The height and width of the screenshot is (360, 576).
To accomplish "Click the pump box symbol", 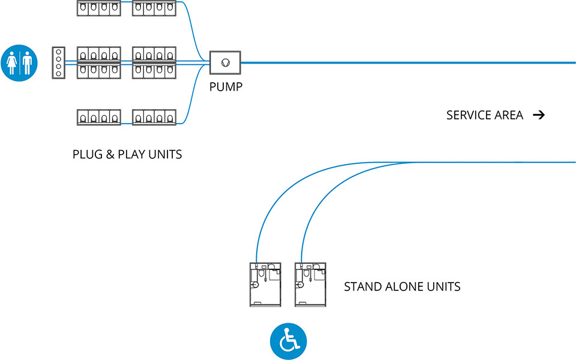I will coord(225,62).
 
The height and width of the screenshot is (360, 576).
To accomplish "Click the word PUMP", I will coord(226,87).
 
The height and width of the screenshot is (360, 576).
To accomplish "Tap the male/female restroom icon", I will coord(20,62).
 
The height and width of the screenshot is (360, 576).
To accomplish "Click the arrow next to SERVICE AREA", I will coord(539,115).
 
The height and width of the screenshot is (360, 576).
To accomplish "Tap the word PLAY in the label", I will coord(132,154).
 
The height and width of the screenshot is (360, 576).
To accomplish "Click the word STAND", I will coord(362,287).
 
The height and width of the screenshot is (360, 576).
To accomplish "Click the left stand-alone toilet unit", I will coord(265,284).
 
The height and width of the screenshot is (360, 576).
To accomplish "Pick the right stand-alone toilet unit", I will coord(310,284).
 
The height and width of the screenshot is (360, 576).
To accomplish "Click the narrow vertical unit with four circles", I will coord(58,62).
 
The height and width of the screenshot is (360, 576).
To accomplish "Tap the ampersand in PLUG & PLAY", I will coord(110,154).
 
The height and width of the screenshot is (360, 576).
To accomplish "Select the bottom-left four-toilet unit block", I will coord(99,117).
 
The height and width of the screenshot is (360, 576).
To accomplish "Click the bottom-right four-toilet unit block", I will coord(154,117).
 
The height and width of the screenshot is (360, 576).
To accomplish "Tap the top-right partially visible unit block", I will coord(154,8).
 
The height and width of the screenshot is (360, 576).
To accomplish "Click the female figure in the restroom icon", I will coord(13,62).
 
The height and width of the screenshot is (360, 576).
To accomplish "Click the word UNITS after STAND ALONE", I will coord(442,287).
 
